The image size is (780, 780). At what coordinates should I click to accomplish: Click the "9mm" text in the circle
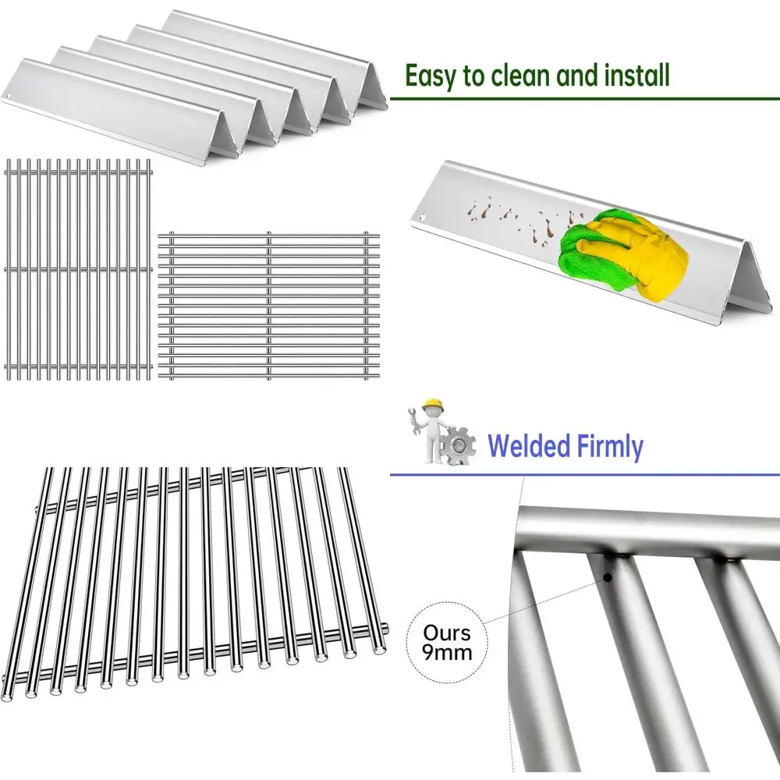[x=448, y=651]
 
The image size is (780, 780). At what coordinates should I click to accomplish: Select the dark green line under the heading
[x=585, y=99]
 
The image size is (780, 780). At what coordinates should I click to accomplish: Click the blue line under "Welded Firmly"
[x=585, y=473]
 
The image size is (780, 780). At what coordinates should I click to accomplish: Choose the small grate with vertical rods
[x=78, y=269]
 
